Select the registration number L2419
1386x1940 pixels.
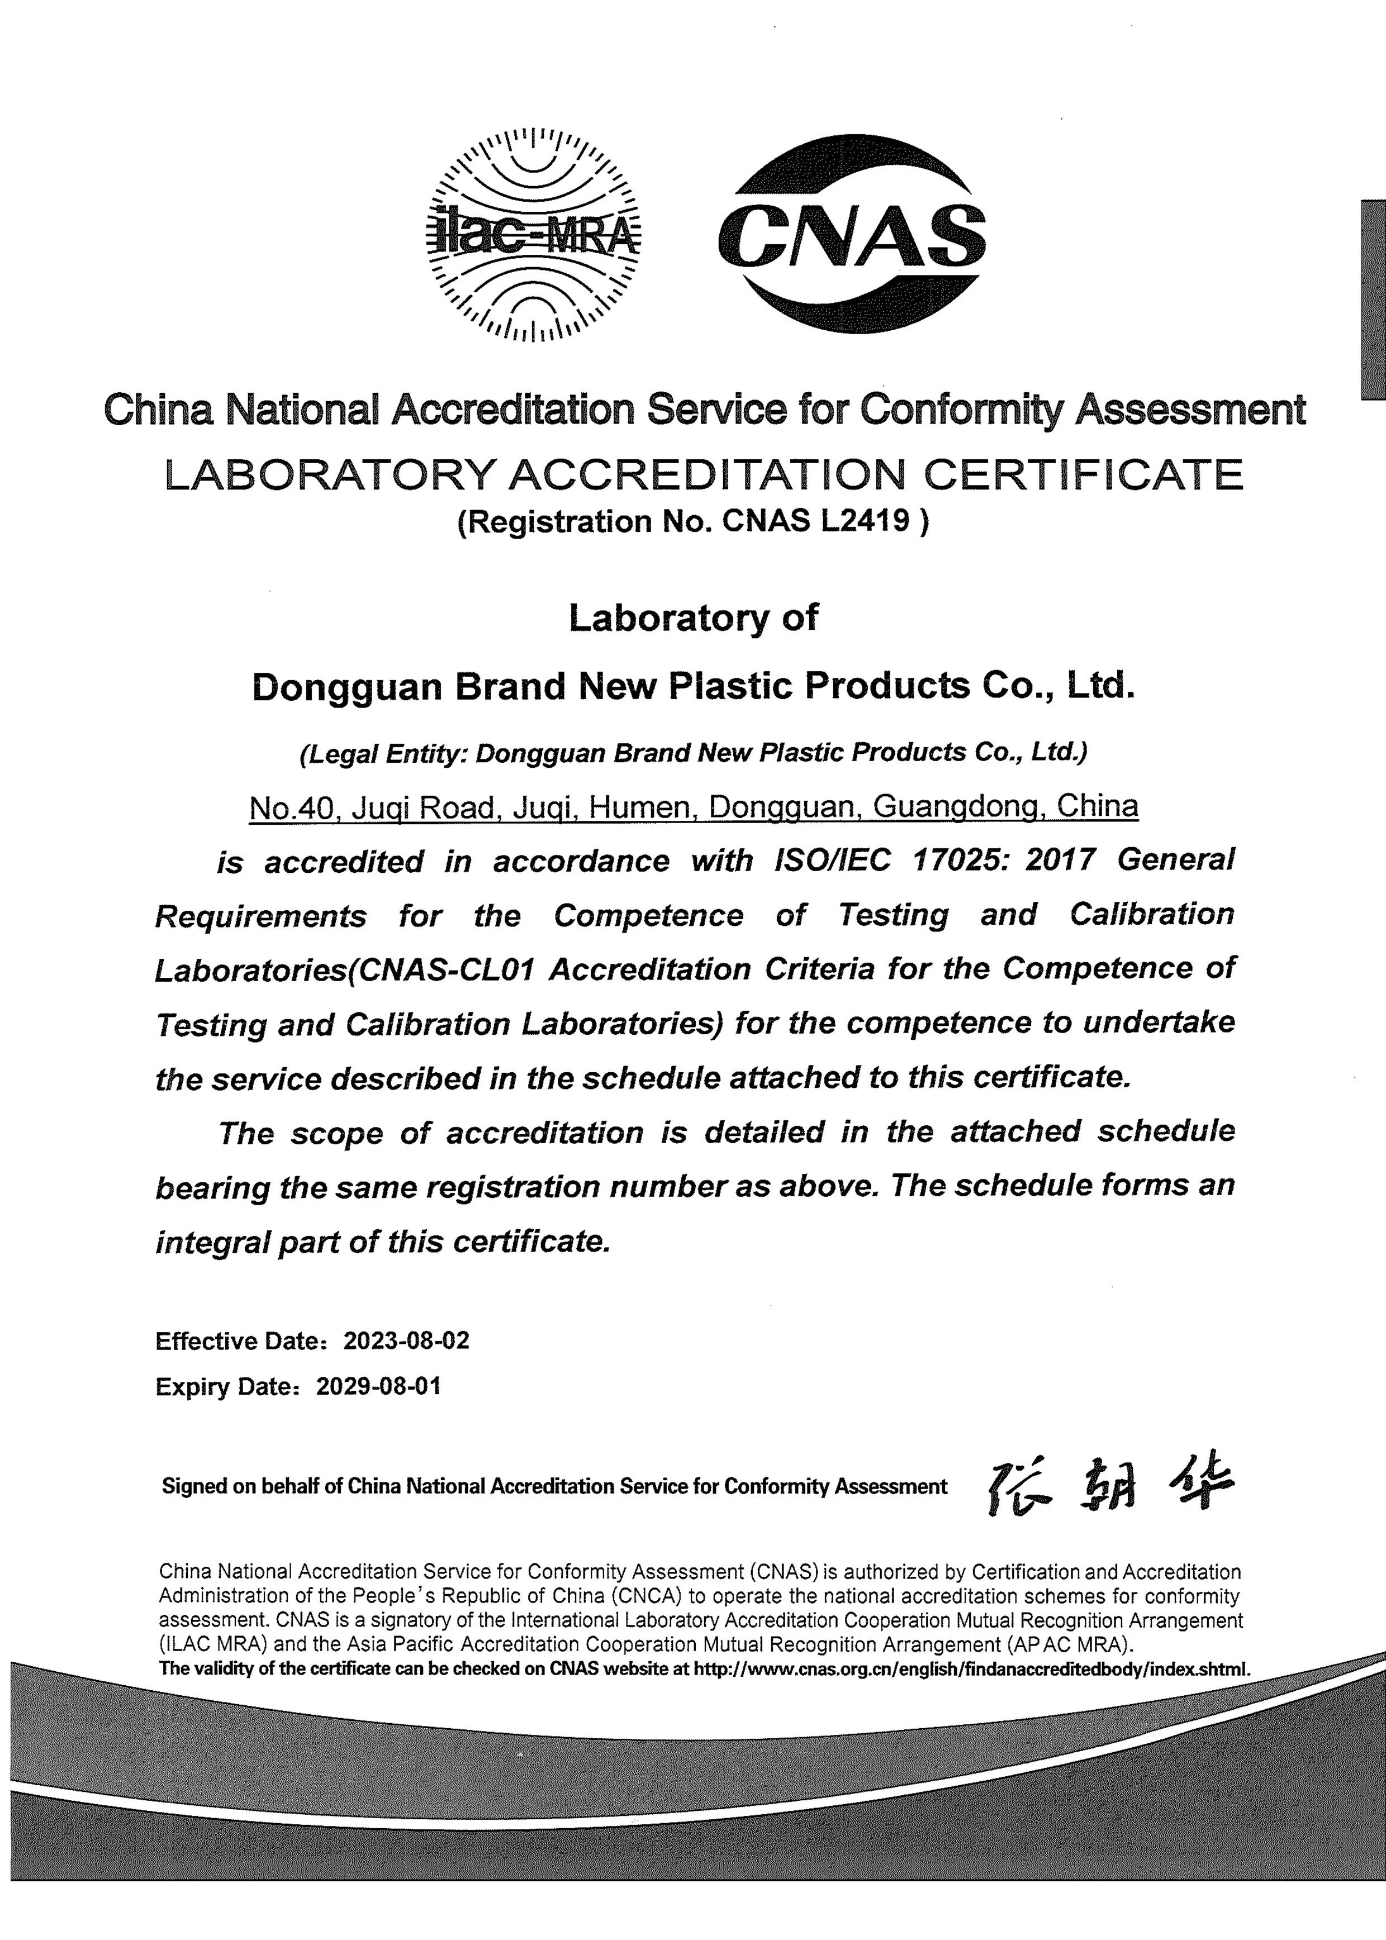pyautogui.click(x=865, y=521)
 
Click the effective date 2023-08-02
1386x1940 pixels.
pyautogui.click(x=406, y=1340)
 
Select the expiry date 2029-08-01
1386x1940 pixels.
pyautogui.click(x=379, y=1386)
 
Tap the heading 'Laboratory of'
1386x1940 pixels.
pyautogui.click(x=693, y=617)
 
